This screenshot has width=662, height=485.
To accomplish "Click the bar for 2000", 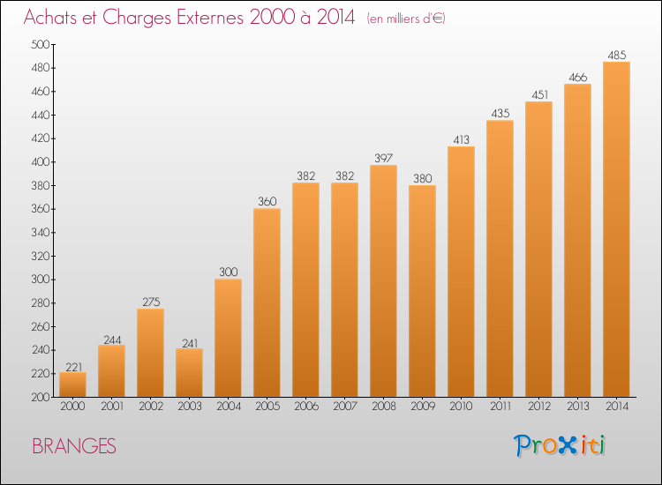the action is [x=72, y=384].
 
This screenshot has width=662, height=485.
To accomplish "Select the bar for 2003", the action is [x=189, y=372].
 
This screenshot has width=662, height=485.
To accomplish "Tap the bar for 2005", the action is [x=267, y=302].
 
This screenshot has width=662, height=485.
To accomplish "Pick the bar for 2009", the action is [x=422, y=291].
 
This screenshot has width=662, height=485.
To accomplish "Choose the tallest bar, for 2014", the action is [x=616, y=229].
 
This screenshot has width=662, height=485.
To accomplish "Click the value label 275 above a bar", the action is [x=151, y=302].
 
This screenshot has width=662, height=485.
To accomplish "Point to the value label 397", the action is [x=384, y=158].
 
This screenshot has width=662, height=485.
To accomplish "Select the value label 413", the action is [x=461, y=139].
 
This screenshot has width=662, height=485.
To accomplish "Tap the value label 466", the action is [x=577, y=78].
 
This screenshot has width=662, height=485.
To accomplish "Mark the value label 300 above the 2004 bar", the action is [x=229, y=272].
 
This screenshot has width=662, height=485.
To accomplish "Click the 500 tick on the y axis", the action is [x=40, y=44].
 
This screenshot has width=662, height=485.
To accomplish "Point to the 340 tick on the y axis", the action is [x=40, y=233].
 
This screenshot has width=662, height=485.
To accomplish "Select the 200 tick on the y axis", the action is [x=40, y=397].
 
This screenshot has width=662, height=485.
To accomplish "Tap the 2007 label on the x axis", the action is [x=345, y=407].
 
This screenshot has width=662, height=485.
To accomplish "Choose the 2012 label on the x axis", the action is [x=539, y=407].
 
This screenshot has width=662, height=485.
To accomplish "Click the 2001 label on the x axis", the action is [x=112, y=407].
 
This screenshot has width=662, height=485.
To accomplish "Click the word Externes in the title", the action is [x=210, y=18].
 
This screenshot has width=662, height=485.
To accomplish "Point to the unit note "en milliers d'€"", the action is [x=406, y=19].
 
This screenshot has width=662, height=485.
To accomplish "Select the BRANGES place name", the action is [x=74, y=446].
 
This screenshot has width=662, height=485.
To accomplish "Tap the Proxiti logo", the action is [x=560, y=445].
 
